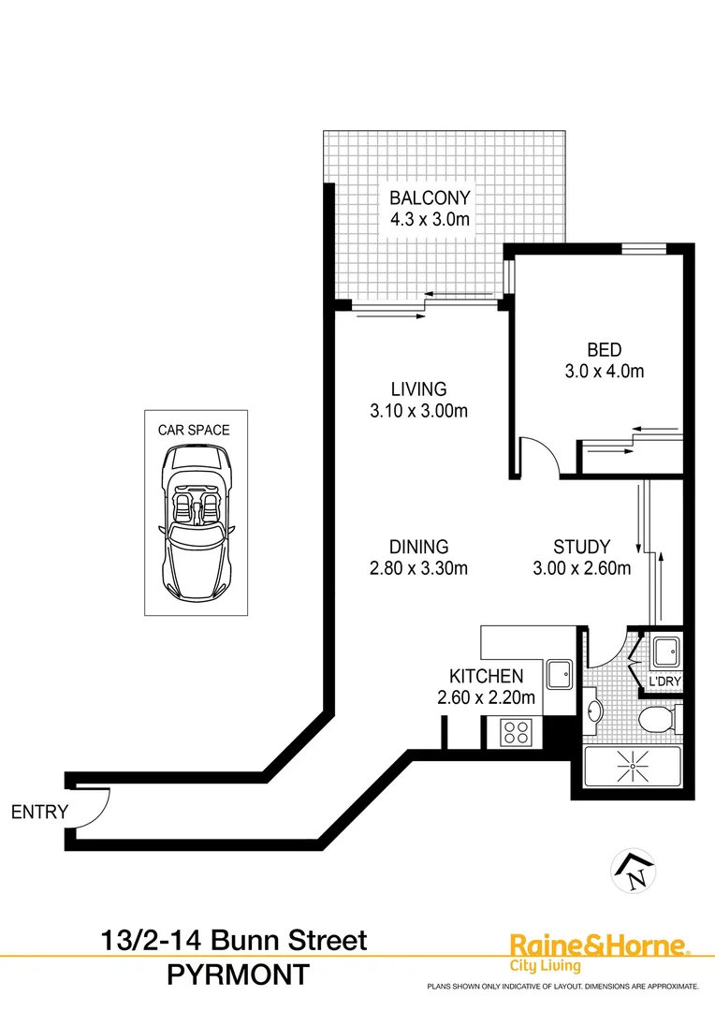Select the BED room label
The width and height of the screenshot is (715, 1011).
click(604, 350)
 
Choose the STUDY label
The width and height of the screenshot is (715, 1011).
click(581, 547)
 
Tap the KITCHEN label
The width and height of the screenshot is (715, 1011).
click(486, 676)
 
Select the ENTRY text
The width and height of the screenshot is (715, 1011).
click(39, 812)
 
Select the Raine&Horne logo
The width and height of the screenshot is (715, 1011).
click(597, 951)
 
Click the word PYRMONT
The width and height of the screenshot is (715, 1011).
click(237, 975)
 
